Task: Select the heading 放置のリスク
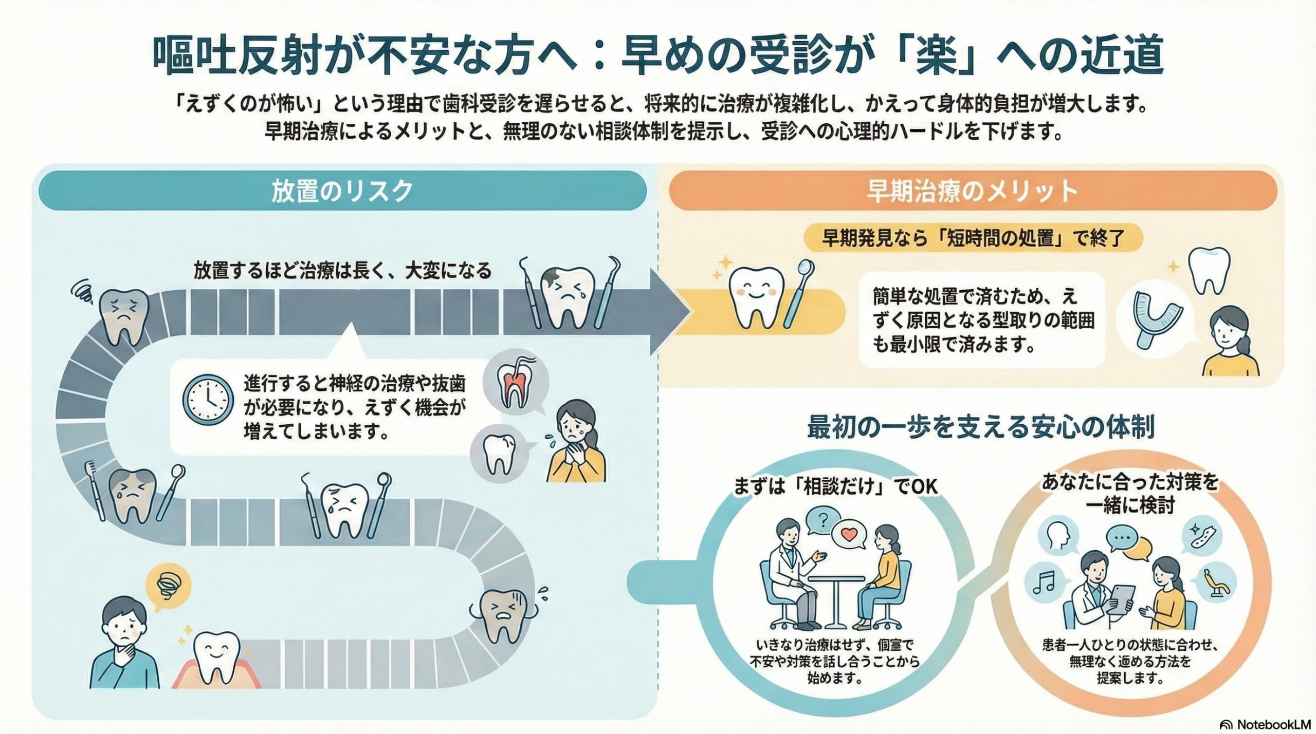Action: click(342, 191)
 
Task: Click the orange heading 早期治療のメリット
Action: click(972, 191)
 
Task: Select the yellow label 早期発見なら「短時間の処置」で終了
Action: click(973, 238)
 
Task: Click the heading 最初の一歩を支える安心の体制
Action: click(981, 427)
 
